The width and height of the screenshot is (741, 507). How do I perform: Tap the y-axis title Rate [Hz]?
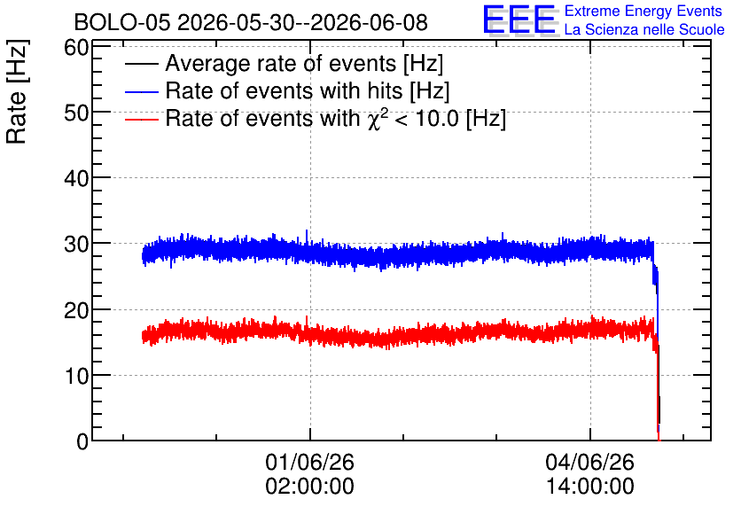coord(17,91)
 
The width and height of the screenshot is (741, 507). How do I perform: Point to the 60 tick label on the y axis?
coord(77,47)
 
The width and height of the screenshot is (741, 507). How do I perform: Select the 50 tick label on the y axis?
coord(77,113)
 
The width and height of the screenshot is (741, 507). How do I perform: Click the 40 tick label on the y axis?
coord(77,179)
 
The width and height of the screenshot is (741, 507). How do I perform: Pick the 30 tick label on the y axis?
coord(77,245)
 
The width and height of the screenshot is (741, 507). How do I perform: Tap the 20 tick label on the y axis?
coord(77,310)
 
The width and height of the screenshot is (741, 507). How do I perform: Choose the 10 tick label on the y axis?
coord(77,376)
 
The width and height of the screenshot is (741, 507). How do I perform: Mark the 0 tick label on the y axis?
coord(83,441)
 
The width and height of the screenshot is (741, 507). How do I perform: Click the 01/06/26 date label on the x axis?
coord(309,462)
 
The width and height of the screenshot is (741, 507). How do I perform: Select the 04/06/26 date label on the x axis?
coord(589,462)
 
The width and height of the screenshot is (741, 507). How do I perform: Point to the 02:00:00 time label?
coord(309,486)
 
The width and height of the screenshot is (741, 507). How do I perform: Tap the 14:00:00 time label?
coord(589,486)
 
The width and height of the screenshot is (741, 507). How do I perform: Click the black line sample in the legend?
coord(141,64)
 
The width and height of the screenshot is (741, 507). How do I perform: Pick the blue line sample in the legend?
coord(141,91)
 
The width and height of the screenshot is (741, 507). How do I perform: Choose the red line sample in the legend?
coord(141,119)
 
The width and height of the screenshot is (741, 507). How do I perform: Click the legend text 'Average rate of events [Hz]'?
coord(304,64)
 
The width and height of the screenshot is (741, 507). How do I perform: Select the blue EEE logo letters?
coord(519,19)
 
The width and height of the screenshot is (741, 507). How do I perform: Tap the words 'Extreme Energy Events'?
coord(643,11)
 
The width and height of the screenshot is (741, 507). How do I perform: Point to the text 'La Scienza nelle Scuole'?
coord(644,29)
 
